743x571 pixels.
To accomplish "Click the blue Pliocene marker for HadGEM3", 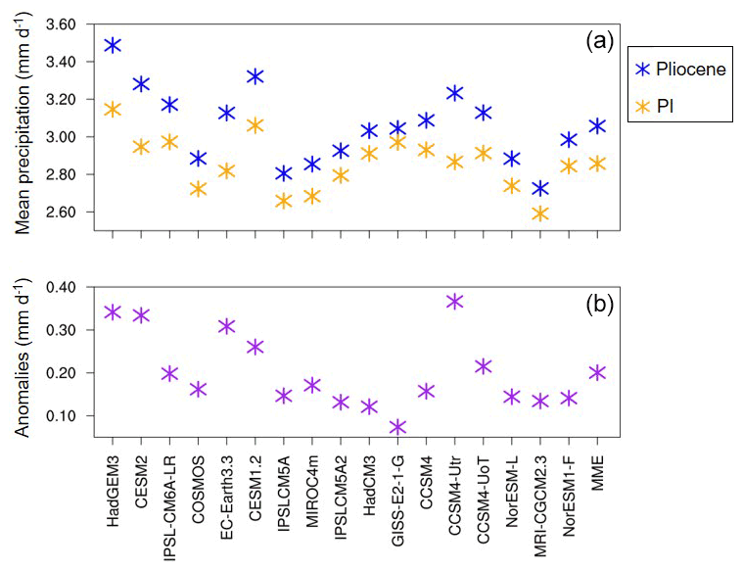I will coord(113,45).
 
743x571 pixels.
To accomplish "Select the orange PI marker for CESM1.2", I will coord(255,125).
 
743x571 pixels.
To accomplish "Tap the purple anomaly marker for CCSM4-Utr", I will coord(454,301).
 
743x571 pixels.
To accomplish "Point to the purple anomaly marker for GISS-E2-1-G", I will coord(396,427).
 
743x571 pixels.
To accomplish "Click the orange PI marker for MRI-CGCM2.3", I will coord(539,214).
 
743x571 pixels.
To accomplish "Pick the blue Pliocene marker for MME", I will coord(596,126).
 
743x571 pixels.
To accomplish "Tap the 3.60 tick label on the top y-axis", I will coord(67,24).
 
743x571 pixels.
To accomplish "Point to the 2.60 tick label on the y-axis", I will coord(67,213).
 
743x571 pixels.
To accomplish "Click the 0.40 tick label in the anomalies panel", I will coord(67,287).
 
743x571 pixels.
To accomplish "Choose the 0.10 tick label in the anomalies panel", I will coord(67,415).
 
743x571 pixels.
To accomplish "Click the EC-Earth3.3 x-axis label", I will coord(227,496).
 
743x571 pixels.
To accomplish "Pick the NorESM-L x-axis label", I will coord(512,492).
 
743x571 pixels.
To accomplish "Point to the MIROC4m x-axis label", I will coord(312,490).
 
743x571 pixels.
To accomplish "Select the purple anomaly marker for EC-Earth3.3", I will coord(227,326).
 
